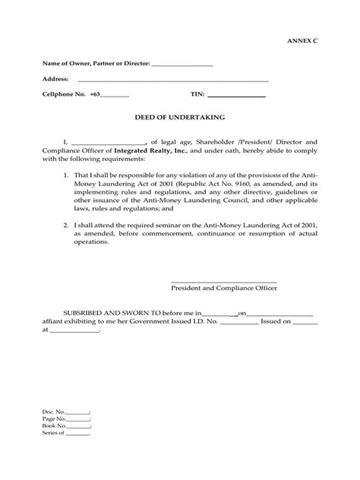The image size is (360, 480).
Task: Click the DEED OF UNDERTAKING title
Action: [x=179, y=118]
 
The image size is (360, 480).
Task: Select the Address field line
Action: [x=173, y=79]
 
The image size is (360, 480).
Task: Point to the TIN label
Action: [x=197, y=95]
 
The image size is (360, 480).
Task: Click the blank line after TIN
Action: [x=236, y=96]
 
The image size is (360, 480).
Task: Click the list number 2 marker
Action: [x=66, y=226]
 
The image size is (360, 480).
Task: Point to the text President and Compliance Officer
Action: [x=223, y=289]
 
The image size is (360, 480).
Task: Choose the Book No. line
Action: [x=79, y=426]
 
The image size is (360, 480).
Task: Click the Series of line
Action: [x=78, y=434]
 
